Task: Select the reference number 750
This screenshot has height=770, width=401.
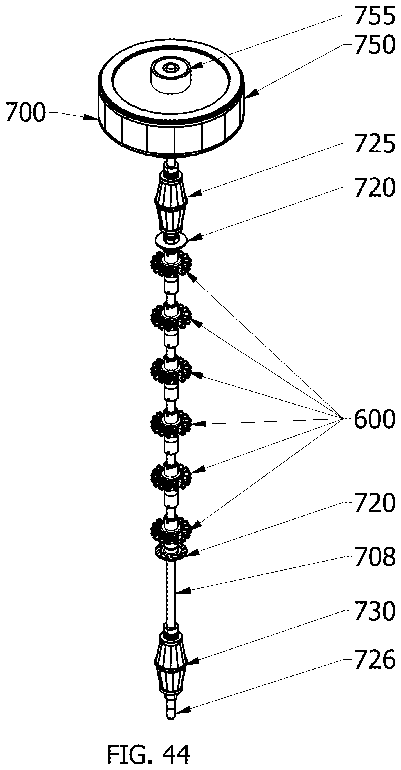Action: pyautogui.click(x=375, y=44)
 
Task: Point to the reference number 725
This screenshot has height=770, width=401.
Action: pyautogui.click(x=375, y=144)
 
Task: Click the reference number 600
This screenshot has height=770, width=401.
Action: pyautogui.click(x=375, y=419)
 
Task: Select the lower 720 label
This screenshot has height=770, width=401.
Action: pyautogui.click(x=375, y=503)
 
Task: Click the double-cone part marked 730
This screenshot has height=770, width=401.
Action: pyautogui.click(x=171, y=663)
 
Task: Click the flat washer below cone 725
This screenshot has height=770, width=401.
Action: pyautogui.click(x=171, y=240)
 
